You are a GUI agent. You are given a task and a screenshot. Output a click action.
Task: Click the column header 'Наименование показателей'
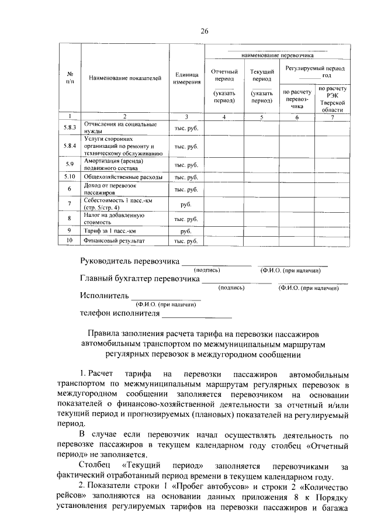coord(125,78)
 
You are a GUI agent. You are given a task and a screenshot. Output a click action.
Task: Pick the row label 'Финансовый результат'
coord(114,240)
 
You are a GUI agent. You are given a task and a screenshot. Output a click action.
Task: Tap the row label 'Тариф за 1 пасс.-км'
coord(110,230)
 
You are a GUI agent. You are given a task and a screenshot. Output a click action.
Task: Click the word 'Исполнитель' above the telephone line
coord(104,296)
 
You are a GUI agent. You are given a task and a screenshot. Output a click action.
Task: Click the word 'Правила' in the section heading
coord(105,333)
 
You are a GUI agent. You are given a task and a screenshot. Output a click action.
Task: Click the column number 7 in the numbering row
coord(333,117)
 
